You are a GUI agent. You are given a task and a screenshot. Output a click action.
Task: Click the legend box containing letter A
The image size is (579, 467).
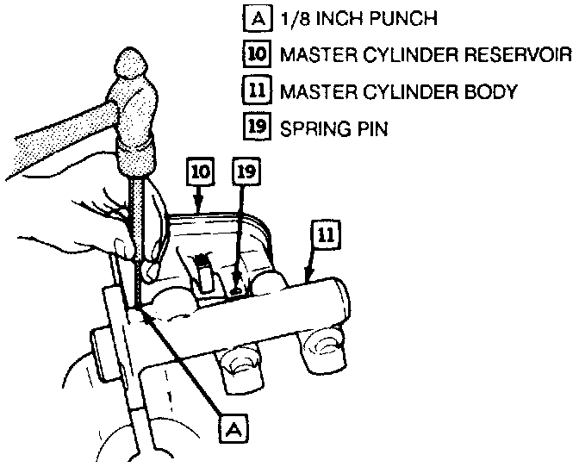click(256, 18)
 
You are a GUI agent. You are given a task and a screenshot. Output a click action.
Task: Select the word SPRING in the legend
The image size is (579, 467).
click(314, 129)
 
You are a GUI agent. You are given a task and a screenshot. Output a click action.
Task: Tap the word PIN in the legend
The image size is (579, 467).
click(370, 129)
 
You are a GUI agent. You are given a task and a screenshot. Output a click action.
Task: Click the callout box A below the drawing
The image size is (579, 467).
click(230, 427)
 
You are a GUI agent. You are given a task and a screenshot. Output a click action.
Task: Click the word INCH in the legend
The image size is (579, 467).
click(333, 18)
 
